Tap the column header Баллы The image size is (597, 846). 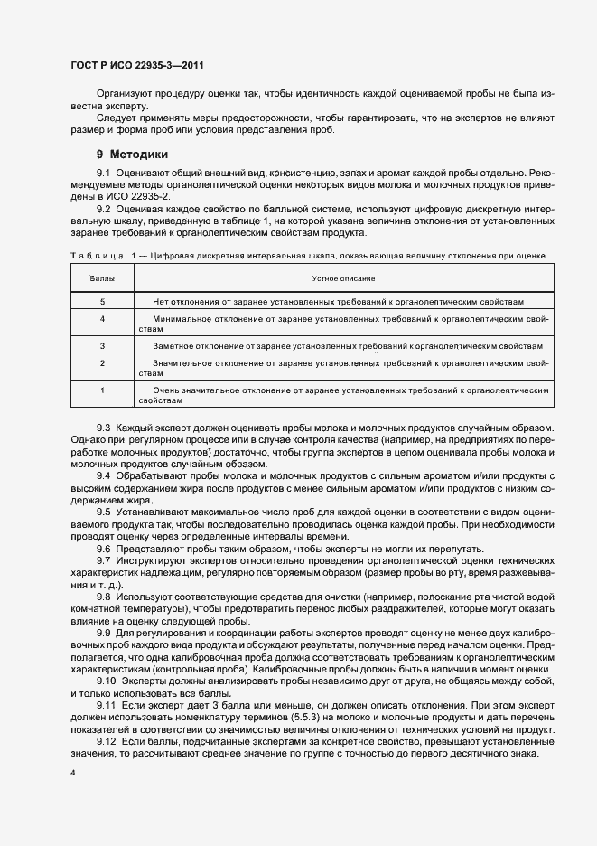coord(102,278)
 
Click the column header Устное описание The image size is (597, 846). coord(343,278)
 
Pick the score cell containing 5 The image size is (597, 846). coord(102,300)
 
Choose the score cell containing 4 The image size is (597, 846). coord(102,319)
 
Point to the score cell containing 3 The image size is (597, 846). coord(102,345)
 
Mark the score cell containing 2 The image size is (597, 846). coord(102,363)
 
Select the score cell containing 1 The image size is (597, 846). coord(102,390)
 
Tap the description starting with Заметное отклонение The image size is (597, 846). coord(348,345)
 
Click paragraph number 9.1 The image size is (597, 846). coord(104,172)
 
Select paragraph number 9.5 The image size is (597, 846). coord(104,512)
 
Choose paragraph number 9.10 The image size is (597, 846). coord(107,680)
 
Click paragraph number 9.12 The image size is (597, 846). coord(107,741)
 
